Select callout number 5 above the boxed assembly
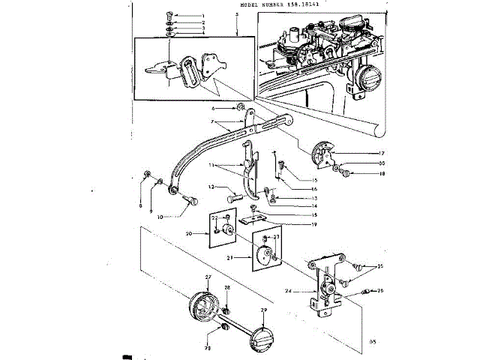click(237, 16)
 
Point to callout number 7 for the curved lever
click(213, 122)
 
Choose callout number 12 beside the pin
click(213, 187)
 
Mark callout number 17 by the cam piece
click(359, 154)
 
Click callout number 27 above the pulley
click(209, 278)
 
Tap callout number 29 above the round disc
click(265, 310)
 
